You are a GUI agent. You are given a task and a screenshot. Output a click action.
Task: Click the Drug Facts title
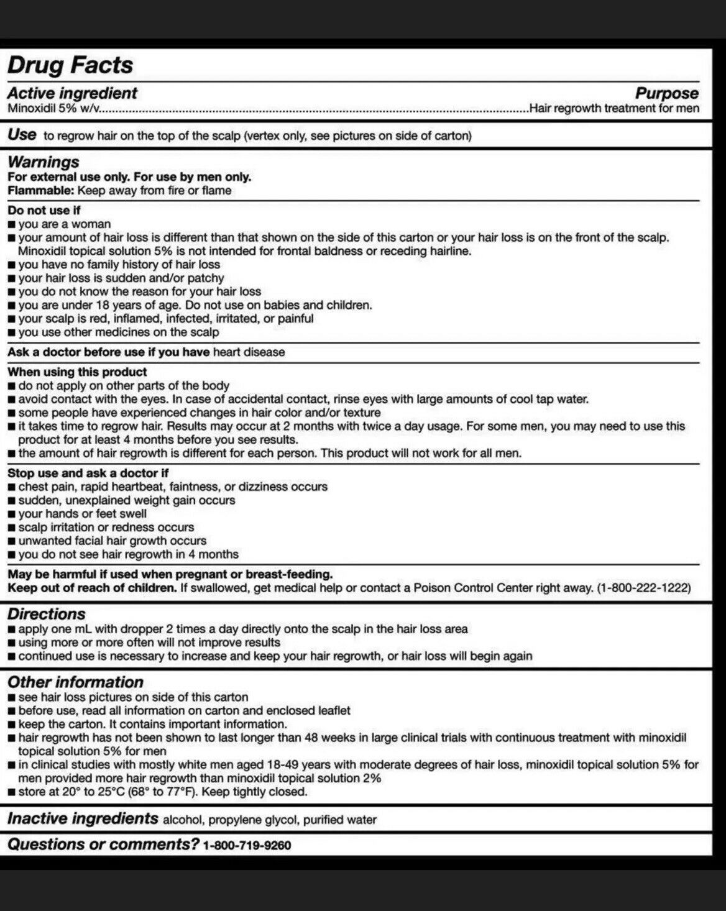point(70,65)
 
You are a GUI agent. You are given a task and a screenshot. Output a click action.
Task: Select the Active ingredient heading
point(72,93)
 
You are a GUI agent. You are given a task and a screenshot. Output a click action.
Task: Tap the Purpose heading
point(666,93)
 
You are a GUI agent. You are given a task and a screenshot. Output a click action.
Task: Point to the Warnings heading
point(44,162)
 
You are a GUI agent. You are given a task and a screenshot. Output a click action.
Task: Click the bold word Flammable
point(41,191)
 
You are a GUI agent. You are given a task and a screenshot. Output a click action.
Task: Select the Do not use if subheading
point(44,211)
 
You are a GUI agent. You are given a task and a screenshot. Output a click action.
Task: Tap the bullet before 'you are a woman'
point(12,224)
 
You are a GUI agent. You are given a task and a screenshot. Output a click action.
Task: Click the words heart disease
point(249,352)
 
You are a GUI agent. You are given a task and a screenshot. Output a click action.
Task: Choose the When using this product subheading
point(77,372)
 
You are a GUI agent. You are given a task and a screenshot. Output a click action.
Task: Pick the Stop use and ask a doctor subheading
point(88,474)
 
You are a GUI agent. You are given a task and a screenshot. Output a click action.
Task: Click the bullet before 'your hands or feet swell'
point(12,515)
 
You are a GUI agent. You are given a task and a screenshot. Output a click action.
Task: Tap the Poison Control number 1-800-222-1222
point(643,588)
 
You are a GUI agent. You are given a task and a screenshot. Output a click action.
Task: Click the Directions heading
point(47,614)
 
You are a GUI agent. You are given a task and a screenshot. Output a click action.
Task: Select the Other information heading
point(75,682)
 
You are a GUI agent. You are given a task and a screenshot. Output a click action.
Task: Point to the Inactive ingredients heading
point(83,818)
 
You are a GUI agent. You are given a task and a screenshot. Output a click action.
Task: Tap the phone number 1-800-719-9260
point(247,846)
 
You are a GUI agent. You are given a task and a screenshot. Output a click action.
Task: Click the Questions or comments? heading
point(103,845)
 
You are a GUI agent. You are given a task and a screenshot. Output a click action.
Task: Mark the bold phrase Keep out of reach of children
point(92,588)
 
